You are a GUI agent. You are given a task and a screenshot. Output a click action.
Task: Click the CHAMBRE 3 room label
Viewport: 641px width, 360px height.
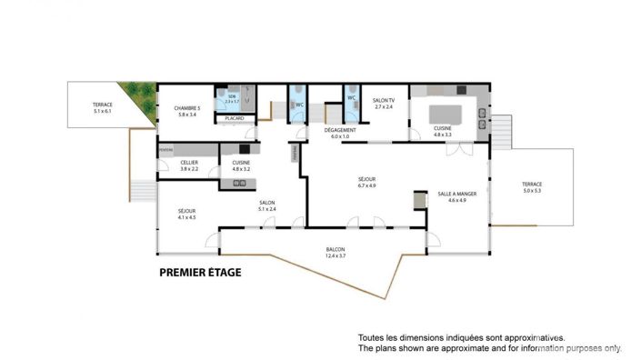[186, 108]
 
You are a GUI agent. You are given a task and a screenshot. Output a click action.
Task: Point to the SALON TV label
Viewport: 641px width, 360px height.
[385, 100]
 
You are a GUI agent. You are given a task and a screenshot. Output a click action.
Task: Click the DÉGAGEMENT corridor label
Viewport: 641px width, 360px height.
[340, 130]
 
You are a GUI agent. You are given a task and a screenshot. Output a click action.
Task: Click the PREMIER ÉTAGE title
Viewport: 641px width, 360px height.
[200, 271]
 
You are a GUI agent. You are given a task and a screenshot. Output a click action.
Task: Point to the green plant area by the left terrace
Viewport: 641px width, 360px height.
[140, 94]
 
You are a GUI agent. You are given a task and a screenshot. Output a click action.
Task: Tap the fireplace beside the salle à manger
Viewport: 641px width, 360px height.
[419, 200]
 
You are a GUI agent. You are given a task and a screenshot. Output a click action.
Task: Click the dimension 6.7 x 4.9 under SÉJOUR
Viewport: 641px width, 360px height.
[366, 185]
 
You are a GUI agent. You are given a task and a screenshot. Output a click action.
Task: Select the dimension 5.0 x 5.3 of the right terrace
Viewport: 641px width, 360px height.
[532, 191]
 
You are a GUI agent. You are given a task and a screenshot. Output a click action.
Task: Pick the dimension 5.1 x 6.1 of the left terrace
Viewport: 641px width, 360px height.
[102, 112]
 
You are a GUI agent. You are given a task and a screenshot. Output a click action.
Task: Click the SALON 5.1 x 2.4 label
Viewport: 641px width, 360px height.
[267, 205]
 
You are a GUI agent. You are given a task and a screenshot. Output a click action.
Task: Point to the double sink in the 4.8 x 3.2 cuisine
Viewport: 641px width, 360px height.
[241, 184]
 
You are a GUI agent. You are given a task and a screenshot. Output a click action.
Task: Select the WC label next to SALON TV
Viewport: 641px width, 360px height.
[351, 97]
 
